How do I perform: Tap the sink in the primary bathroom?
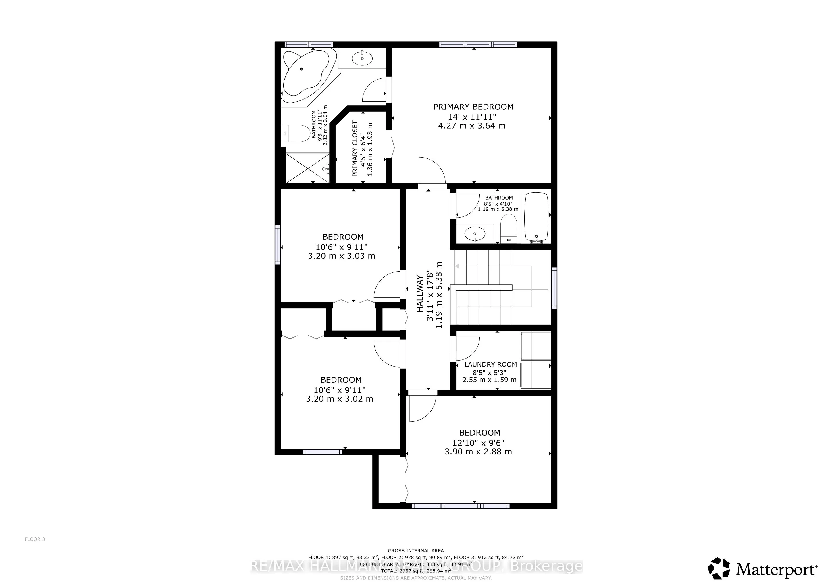(362, 58)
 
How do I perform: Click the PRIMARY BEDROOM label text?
(473, 107)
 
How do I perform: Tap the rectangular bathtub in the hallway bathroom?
(537, 217)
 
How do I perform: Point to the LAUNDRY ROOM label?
(490, 365)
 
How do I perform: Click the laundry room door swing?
(467, 348)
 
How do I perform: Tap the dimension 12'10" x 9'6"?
(478, 443)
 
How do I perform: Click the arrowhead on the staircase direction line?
(457, 266)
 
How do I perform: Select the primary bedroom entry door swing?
(431, 170)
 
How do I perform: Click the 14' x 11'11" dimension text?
(472, 117)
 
